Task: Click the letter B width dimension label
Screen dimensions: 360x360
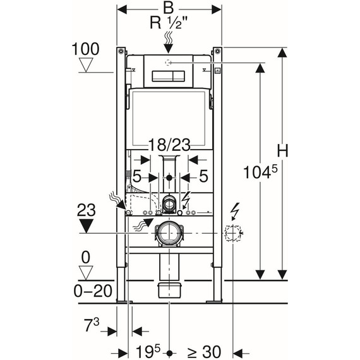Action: (168, 8)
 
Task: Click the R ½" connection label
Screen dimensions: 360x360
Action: (169, 23)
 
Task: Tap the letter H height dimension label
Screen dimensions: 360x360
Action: (282, 151)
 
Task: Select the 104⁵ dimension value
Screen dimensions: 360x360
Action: (260, 172)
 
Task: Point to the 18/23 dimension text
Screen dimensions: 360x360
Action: (169, 145)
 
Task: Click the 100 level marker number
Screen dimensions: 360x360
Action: (85, 49)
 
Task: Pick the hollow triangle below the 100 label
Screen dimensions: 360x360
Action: (86, 65)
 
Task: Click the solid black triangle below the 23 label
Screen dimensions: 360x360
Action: (86, 226)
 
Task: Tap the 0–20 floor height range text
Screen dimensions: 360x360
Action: (93, 291)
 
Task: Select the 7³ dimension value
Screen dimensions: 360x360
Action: (92, 325)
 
